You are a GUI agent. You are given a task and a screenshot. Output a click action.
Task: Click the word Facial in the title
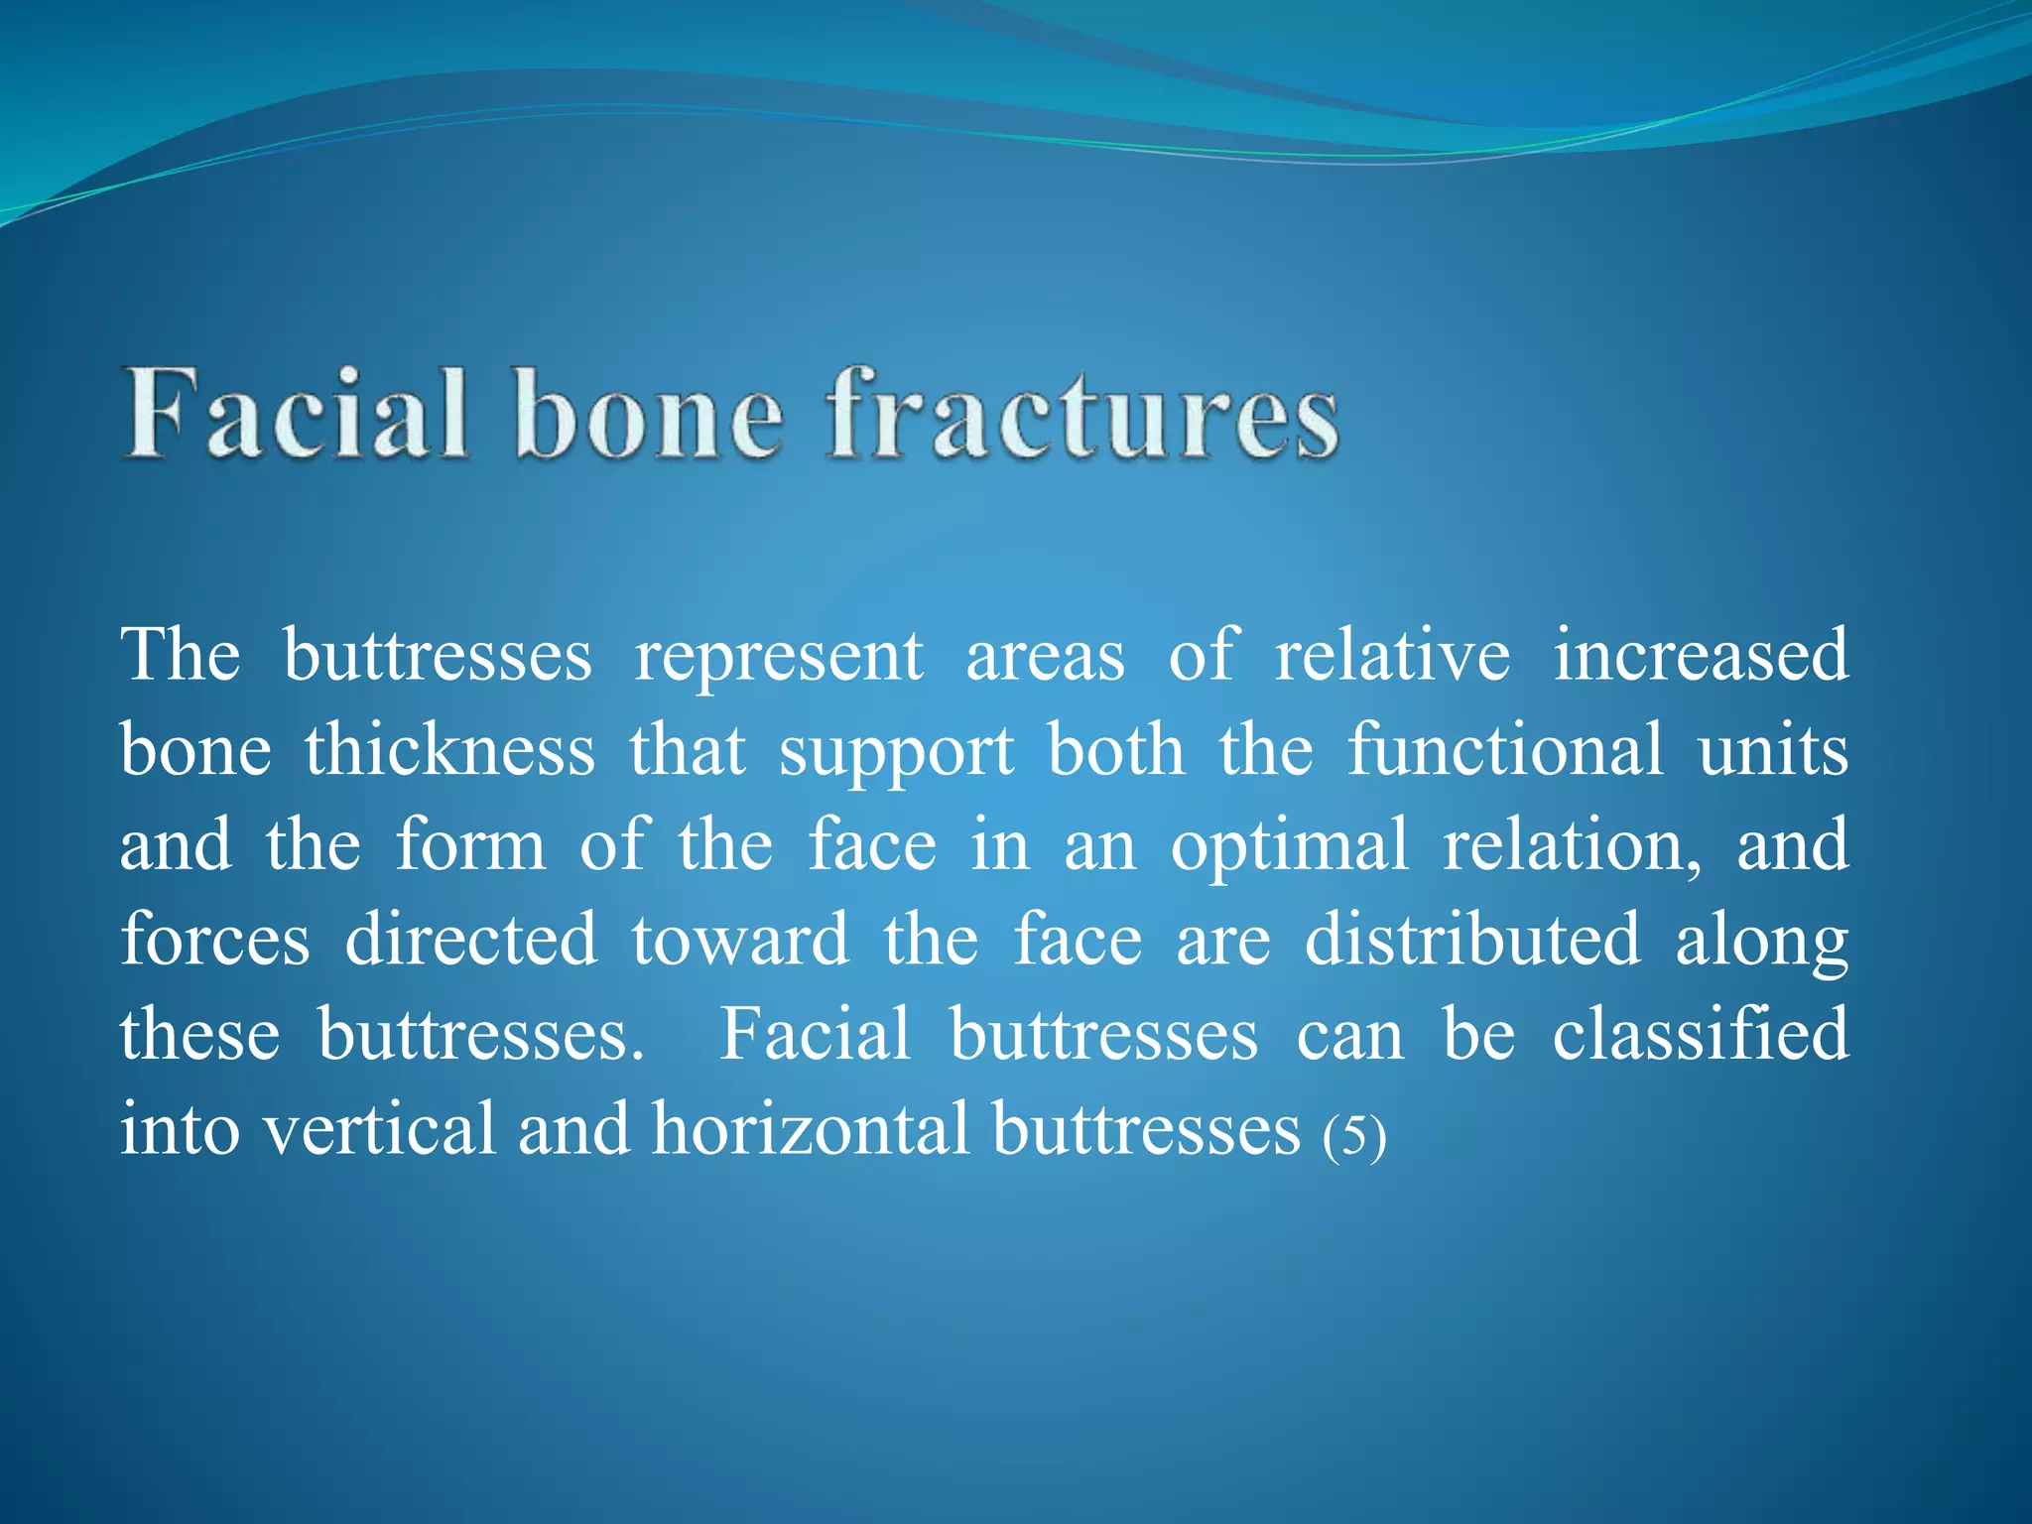pyautogui.click(x=295, y=414)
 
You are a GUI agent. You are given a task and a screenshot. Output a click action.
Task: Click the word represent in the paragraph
pyautogui.click(x=779, y=657)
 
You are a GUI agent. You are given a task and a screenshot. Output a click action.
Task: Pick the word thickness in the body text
pyautogui.click(x=449, y=750)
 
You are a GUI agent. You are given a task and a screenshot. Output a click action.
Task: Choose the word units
pyautogui.click(x=1773, y=750)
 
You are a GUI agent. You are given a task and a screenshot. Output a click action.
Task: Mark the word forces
pyautogui.click(x=215, y=939)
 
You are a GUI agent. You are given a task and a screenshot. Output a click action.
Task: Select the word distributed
pyautogui.click(x=1472, y=939)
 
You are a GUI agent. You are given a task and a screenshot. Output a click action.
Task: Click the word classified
pyautogui.click(x=1701, y=1034)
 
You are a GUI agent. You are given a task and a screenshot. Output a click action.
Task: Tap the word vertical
pyautogui.click(x=379, y=1129)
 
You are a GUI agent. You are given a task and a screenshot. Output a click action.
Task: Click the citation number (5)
pyautogui.click(x=1353, y=1135)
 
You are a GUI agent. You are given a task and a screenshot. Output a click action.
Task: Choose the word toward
pyautogui.click(x=740, y=939)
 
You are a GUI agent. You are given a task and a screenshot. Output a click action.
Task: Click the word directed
pyautogui.click(x=471, y=939)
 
